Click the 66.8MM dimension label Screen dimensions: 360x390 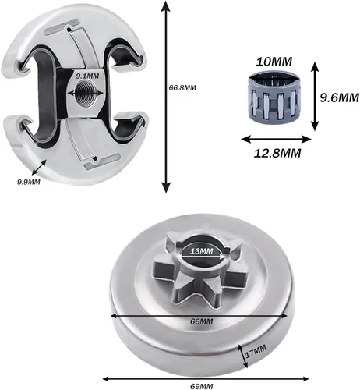point(182,87)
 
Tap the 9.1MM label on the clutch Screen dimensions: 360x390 point(87,76)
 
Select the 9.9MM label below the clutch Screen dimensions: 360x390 point(29,182)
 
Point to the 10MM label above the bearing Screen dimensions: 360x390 point(274,62)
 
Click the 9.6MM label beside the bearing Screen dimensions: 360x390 point(339,97)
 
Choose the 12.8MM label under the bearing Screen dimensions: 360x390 point(277,153)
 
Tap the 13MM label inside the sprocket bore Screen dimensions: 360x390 point(201,251)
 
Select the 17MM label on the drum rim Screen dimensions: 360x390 point(256,351)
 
